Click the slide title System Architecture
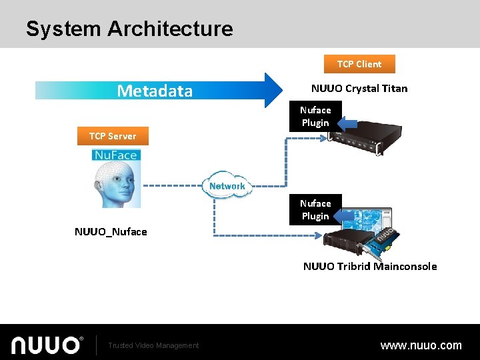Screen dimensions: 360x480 tap(129, 29)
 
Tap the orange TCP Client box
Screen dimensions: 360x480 tap(359, 64)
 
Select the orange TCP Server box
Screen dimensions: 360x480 tap(113, 136)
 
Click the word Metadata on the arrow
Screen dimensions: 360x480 tap(155, 91)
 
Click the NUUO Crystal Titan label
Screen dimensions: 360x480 tap(359, 88)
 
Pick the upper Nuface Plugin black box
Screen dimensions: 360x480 tap(315, 117)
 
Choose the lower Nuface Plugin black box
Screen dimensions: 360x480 tap(315, 210)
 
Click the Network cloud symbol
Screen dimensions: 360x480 tap(227, 186)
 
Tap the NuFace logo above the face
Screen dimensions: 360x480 tap(116, 155)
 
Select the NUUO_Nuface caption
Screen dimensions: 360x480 tap(111, 232)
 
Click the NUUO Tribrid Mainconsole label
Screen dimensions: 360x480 tap(370, 266)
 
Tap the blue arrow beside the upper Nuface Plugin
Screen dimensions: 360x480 tap(345, 123)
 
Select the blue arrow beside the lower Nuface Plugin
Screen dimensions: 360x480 tap(345, 216)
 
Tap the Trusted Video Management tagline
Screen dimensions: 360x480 tap(153, 345)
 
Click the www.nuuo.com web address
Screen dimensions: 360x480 tap(421, 345)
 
